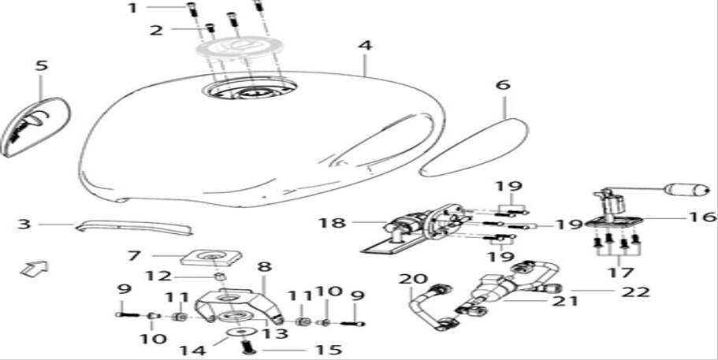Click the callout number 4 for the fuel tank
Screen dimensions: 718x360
[366, 46]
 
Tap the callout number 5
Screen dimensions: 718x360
[41, 65]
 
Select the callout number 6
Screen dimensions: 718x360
[502, 85]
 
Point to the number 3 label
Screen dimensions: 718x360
[24, 225]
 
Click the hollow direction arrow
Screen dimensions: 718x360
[35, 269]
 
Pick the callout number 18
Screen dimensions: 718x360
[333, 224]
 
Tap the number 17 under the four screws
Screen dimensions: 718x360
[620, 273]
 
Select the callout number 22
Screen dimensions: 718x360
[635, 291]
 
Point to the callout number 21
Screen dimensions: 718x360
[566, 301]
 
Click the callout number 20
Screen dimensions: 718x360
[413, 279]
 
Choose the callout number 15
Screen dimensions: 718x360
[329, 351]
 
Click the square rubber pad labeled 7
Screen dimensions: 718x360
[211, 256]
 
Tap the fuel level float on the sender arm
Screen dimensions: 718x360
[686, 189]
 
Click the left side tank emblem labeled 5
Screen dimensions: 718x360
[36, 127]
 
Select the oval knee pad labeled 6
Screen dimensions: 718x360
[474, 147]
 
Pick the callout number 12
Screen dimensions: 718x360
[159, 276]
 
